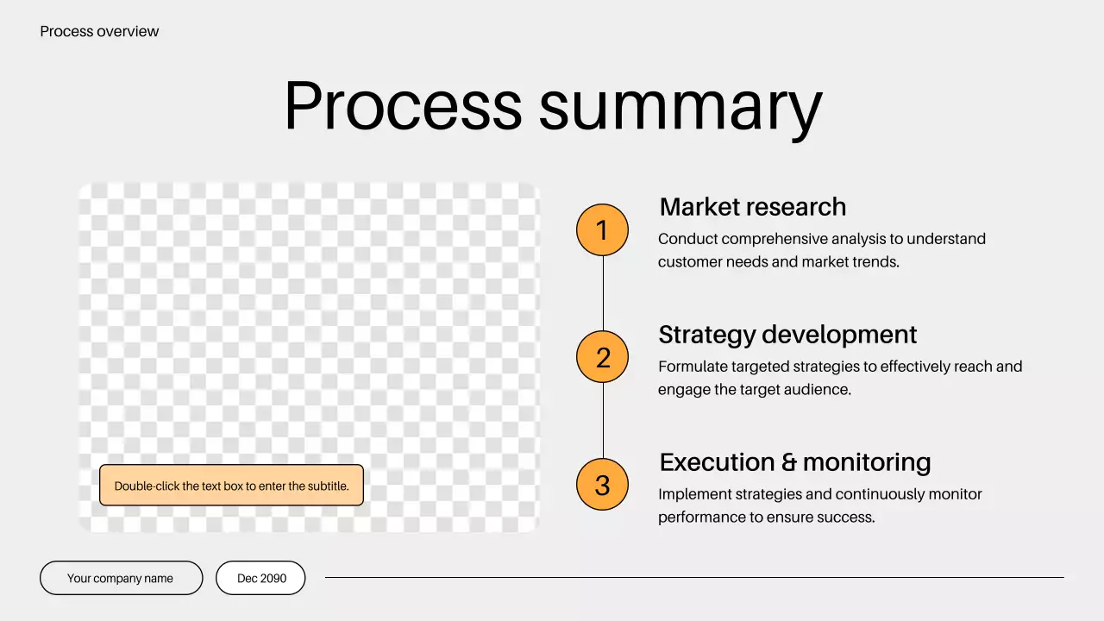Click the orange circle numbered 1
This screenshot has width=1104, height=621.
point(602,230)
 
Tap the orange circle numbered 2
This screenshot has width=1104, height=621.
point(602,357)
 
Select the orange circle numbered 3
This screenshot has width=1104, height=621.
point(602,485)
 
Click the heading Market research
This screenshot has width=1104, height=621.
point(752,207)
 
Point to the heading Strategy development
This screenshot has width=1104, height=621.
point(787,335)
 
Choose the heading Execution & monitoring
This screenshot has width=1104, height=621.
point(794,462)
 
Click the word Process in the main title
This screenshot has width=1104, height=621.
point(403,106)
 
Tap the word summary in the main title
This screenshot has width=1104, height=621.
point(681,108)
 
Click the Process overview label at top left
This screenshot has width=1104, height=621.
point(99,32)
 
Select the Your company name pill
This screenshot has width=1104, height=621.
point(121,578)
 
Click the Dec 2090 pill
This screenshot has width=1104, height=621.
point(261,578)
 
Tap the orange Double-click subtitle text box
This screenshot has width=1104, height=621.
point(231,486)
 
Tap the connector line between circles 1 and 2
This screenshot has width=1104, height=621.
point(603,293)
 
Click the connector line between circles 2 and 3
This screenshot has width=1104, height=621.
point(603,421)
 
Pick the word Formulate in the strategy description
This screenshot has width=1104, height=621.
point(693,367)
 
